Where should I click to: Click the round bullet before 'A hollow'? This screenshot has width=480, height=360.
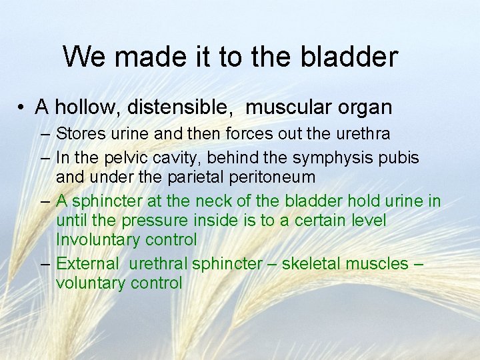22,107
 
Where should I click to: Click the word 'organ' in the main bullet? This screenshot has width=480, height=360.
365,107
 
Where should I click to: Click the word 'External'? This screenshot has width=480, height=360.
86,263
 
